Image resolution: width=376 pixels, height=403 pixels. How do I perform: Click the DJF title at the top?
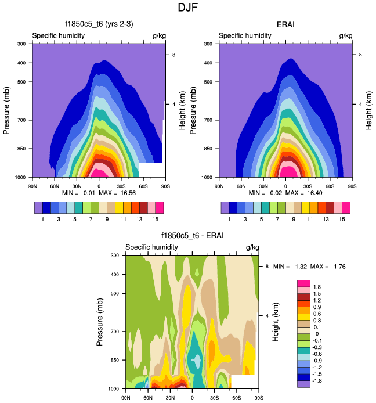click(x=188, y=8)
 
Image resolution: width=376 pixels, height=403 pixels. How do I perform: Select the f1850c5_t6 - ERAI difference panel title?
click(x=192, y=236)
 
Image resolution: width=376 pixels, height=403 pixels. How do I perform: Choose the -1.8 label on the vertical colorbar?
click(x=319, y=380)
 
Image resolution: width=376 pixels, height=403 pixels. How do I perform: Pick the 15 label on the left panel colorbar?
click(x=156, y=220)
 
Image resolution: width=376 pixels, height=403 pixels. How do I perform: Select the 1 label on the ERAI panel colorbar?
click(x=230, y=220)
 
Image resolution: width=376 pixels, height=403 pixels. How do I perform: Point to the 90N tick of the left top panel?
click(x=32, y=186)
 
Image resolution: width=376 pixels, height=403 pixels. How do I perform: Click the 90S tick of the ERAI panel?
click(x=352, y=186)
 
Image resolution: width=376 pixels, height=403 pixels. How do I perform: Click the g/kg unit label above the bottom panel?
click(x=251, y=247)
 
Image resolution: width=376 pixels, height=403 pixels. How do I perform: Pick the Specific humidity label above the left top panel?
click(x=59, y=36)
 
